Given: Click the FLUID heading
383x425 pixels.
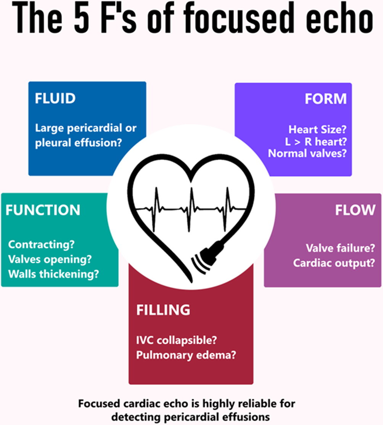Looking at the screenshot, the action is pyautogui.click(x=55, y=98).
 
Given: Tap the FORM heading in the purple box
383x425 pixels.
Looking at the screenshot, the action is pyautogui.click(x=325, y=99).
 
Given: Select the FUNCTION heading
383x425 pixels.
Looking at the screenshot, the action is pyautogui.click(x=43, y=210).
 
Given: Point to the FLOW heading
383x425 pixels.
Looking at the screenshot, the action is pyautogui.click(x=355, y=210).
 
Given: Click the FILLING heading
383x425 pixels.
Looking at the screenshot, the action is pyautogui.click(x=163, y=310).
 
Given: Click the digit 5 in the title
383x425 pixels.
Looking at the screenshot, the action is pyautogui.click(x=82, y=18).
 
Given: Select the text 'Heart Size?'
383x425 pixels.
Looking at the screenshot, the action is pyautogui.click(x=317, y=129).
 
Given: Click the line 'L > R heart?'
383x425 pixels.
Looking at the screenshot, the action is pyautogui.click(x=316, y=142).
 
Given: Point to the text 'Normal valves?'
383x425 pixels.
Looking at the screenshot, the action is pyautogui.click(x=307, y=153).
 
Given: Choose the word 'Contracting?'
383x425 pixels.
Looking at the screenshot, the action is pyautogui.click(x=41, y=245).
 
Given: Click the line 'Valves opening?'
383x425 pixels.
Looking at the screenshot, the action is pyautogui.click(x=50, y=259).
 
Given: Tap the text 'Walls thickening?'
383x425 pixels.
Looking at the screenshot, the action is pyautogui.click(x=53, y=274).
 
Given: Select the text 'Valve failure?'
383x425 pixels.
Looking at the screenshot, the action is pyautogui.click(x=340, y=248).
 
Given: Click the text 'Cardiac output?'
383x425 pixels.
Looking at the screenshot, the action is pyautogui.click(x=334, y=263).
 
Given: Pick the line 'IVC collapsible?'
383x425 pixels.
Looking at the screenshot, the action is pyautogui.click(x=177, y=340).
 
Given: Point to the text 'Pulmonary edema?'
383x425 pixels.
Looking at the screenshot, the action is pyautogui.click(x=186, y=355).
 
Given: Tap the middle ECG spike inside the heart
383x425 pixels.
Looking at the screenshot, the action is pyautogui.click(x=191, y=209).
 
